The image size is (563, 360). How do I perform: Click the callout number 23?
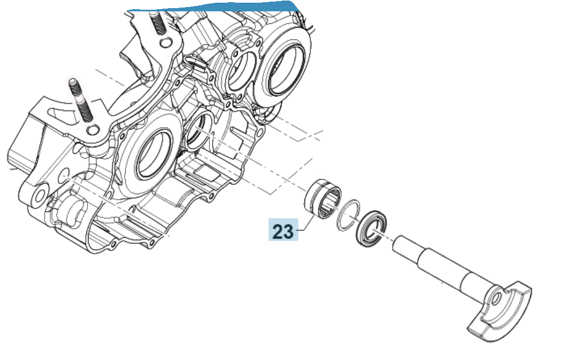pos(283,231)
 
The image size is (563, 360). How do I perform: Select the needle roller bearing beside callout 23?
pos(323,198)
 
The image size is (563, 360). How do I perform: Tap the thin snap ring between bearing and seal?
pos(348,215)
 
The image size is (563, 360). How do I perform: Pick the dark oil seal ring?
pos(371,228)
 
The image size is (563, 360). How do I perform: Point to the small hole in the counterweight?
pos(496,298)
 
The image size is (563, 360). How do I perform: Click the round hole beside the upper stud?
pos(166,43)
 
